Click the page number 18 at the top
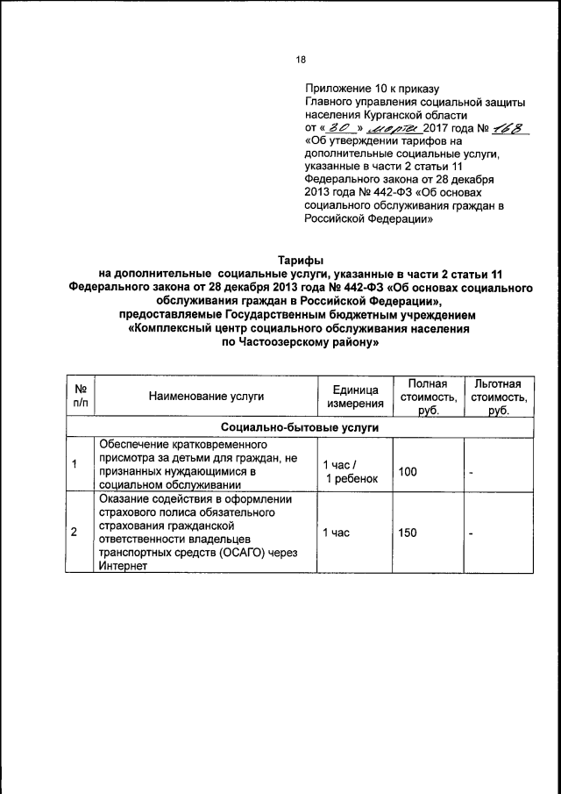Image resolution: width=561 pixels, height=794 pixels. coord(301,60)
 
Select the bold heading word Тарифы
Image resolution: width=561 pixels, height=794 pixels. coord(301,261)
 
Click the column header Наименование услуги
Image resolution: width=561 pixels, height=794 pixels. coord(205,397)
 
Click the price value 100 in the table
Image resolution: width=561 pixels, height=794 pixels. coord(408,472)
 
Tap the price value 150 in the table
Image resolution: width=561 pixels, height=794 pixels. coord(408,533)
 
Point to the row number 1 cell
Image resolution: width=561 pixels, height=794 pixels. coord(75,464)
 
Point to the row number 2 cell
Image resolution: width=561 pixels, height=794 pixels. coord(75,532)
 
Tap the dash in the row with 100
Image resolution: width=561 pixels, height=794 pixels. coord(471,474)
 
